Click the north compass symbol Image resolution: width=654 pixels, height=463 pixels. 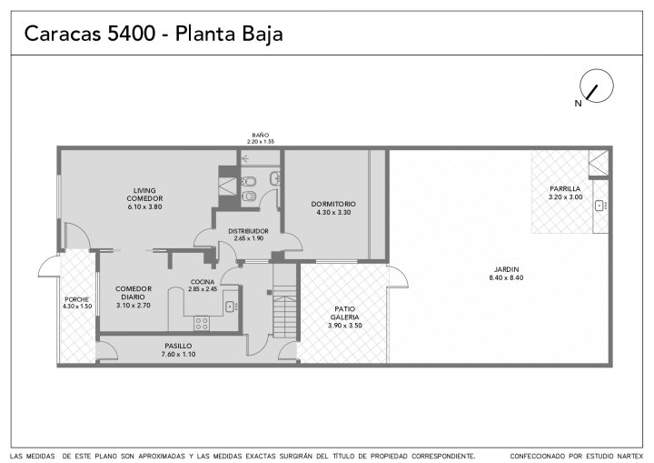click(597, 86)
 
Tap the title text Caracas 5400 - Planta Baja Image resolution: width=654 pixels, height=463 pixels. click(154, 34)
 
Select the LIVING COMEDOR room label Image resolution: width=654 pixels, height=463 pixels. click(144, 198)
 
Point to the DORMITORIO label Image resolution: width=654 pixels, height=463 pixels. click(333, 204)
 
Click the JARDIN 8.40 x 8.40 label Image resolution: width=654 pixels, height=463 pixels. click(506, 273)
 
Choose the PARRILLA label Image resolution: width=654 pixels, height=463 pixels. click(565, 189)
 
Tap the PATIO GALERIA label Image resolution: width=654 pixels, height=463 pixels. click(345, 313)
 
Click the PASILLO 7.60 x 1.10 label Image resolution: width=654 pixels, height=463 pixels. click(179, 350)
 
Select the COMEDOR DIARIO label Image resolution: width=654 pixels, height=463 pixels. click(134, 293)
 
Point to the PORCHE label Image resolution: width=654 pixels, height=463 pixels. click(76, 299)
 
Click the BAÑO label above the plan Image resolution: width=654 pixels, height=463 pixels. click(261, 135)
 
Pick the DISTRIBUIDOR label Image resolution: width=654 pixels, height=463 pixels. click(248, 231)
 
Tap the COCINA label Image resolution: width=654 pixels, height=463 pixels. click(203, 282)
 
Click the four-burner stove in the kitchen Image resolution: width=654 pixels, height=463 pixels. click(202, 323)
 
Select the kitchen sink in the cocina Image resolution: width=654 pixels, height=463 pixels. click(231, 307)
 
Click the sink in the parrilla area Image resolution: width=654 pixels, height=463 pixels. click(600, 206)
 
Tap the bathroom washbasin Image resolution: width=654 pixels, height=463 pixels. click(275, 178)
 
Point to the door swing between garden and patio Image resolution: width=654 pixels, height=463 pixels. click(399, 277)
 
